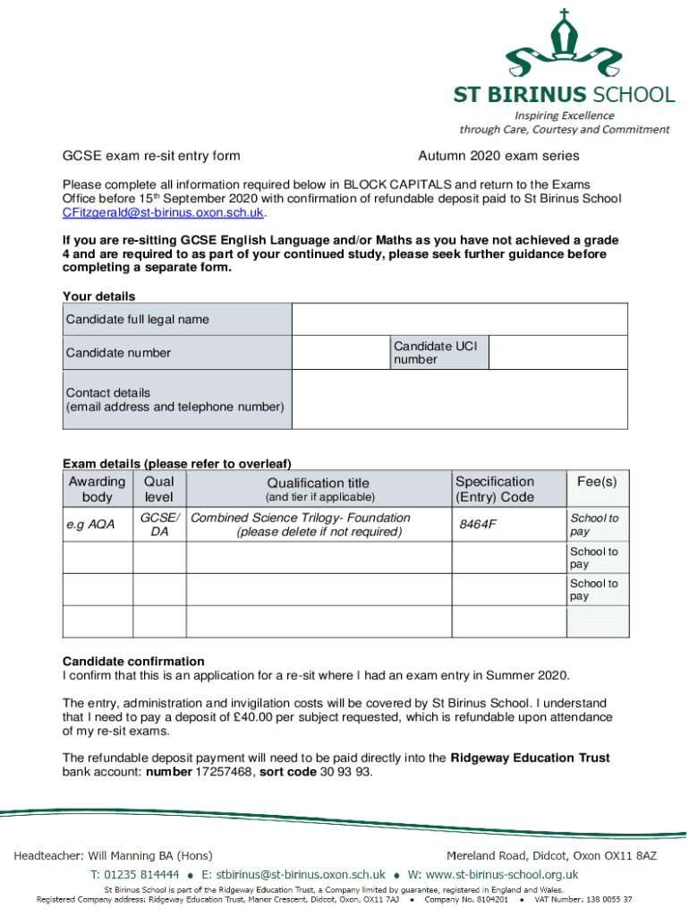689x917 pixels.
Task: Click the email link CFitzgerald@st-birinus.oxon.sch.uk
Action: [x=164, y=213]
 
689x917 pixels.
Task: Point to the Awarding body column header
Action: [x=97, y=489]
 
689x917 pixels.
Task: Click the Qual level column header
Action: [x=159, y=489]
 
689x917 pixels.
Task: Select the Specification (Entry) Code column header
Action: [x=495, y=489]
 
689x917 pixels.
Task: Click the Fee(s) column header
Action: [x=597, y=482]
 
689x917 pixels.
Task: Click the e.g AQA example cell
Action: [x=90, y=525]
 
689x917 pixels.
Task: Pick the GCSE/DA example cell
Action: [x=159, y=525]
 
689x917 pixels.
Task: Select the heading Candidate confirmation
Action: [x=133, y=662]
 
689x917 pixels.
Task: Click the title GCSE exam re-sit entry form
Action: [x=151, y=156]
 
